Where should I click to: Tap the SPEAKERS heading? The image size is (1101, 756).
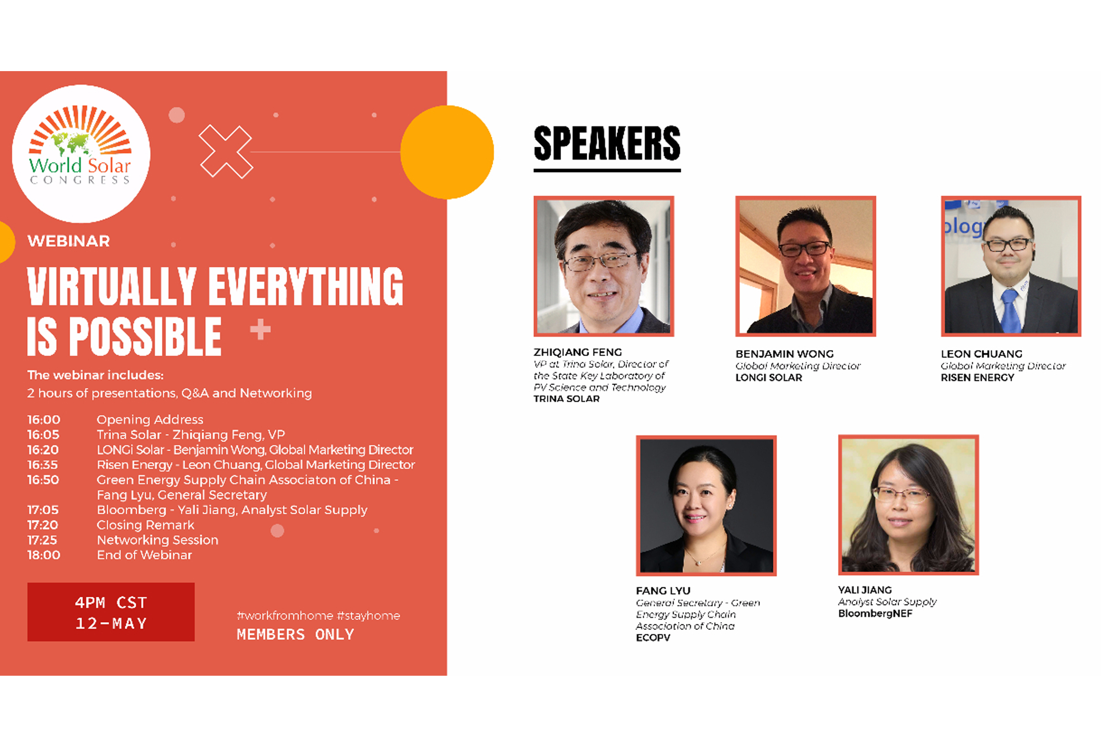pos(607,144)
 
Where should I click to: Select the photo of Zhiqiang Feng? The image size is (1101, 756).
pos(604,266)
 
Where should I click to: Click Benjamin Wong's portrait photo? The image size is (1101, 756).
pos(806,266)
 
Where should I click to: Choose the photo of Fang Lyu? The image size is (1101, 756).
pos(706,506)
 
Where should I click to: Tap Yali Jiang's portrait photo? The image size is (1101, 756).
pos(908,505)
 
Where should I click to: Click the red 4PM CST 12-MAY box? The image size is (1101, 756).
pos(111,612)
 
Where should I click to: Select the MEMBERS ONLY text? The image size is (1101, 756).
pos(295,634)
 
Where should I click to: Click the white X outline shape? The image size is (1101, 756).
pos(226,151)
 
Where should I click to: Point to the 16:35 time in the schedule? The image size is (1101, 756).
pos(43,465)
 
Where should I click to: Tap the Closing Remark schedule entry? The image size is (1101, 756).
pos(145,525)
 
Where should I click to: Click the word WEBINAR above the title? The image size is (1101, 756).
pos(69,241)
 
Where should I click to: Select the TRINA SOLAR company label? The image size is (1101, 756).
pos(567,399)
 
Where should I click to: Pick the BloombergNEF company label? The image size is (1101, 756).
pos(875,613)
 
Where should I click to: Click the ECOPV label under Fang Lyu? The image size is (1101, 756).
pos(653,638)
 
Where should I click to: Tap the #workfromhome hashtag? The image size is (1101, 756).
pos(285,616)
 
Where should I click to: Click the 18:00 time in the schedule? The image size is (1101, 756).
pos(44,555)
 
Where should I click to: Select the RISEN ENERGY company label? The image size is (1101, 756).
pos(977,378)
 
